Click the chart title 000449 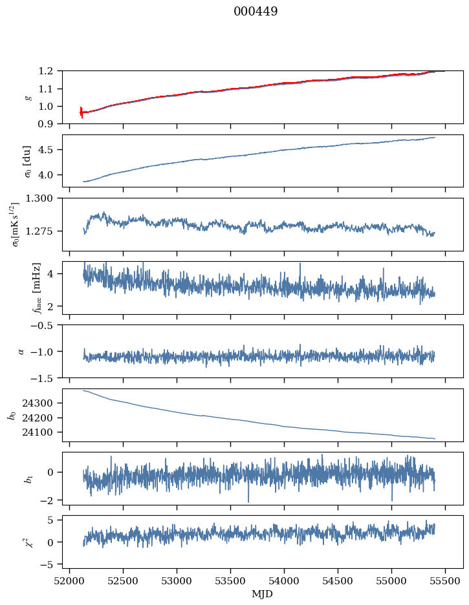pyautogui.click(x=256, y=12)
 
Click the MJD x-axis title pyautogui.click(x=263, y=594)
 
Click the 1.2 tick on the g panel pyautogui.click(x=49, y=70)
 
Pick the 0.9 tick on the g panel pyautogui.click(x=49, y=123)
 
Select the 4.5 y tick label pyautogui.click(x=49, y=150)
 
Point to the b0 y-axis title pyautogui.click(x=12, y=415)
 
